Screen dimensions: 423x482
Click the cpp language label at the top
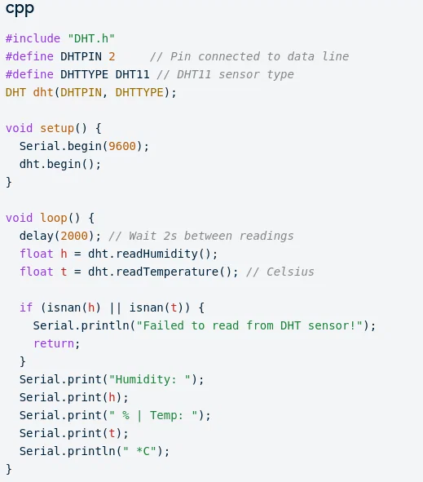(x=20, y=9)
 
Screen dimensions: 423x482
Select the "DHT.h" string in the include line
(x=91, y=38)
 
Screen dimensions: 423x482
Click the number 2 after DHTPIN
(x=112, y=56)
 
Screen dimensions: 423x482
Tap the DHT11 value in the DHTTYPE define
(x=132, y=74)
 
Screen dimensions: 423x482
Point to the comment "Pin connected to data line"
(x=249, y=56)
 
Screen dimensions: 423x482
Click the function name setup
(x=57, y=128)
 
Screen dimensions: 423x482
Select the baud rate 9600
(x=122, y=146)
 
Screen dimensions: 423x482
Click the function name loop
(x=54, y=218)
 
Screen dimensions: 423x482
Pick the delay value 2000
(x=74, y=236)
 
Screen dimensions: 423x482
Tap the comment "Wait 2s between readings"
(x=201, y=236)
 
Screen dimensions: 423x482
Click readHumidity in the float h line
(x=156, y=254)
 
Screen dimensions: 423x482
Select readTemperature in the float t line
(x=167, y=272)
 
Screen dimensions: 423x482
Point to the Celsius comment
(x=280, y=272)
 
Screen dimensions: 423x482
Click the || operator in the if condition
(x=115, y=307)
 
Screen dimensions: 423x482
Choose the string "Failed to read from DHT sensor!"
(x=249, y=325)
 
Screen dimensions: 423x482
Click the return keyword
(x=54, y=343)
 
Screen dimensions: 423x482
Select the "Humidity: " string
(x=150, y=379)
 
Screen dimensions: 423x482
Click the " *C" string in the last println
(x=139, y=451)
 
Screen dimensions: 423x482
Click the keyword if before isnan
(x=26, y=307)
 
